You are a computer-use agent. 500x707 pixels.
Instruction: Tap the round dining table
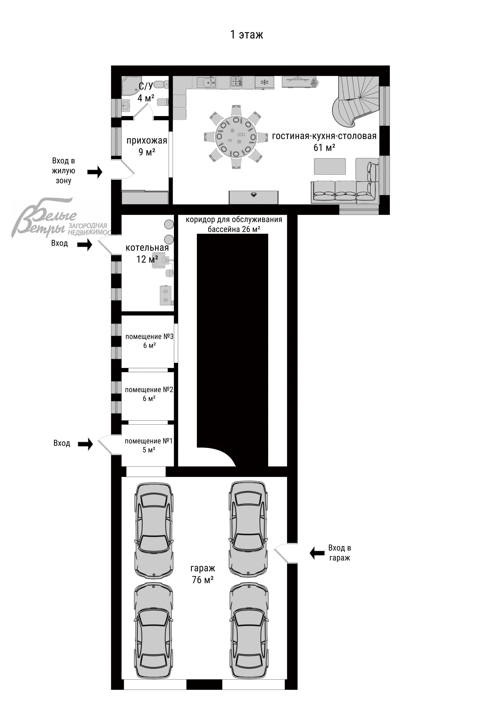pos(236,137)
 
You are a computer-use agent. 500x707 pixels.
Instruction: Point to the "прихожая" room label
pos(147,141)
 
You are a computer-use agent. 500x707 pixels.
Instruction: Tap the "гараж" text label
pos(202,568)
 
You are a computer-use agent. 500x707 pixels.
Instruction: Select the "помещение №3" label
pos(149,337)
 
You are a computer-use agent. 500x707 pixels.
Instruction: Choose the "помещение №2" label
pos(149,390)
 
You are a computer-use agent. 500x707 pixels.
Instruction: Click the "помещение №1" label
pos(149,441)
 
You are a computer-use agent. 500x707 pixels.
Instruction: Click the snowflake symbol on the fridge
pos(264,82)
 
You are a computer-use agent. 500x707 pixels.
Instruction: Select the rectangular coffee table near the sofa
pos(330,166)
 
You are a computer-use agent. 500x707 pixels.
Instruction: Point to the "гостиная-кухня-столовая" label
pos(324,136)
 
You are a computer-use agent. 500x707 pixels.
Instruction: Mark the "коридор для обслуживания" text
pos(234,219)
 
